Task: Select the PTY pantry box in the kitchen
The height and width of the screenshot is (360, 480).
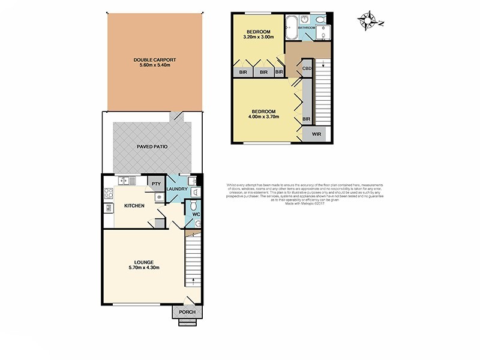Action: coord(155,184)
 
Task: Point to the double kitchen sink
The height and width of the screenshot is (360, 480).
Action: coord(127,180)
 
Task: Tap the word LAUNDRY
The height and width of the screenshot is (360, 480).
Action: coord(178,190)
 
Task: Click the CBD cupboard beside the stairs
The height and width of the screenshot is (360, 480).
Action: coord(306,68)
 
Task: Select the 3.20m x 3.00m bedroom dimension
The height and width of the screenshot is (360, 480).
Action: coord(258,37)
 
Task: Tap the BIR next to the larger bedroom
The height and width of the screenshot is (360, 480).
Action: coord(306,119)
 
